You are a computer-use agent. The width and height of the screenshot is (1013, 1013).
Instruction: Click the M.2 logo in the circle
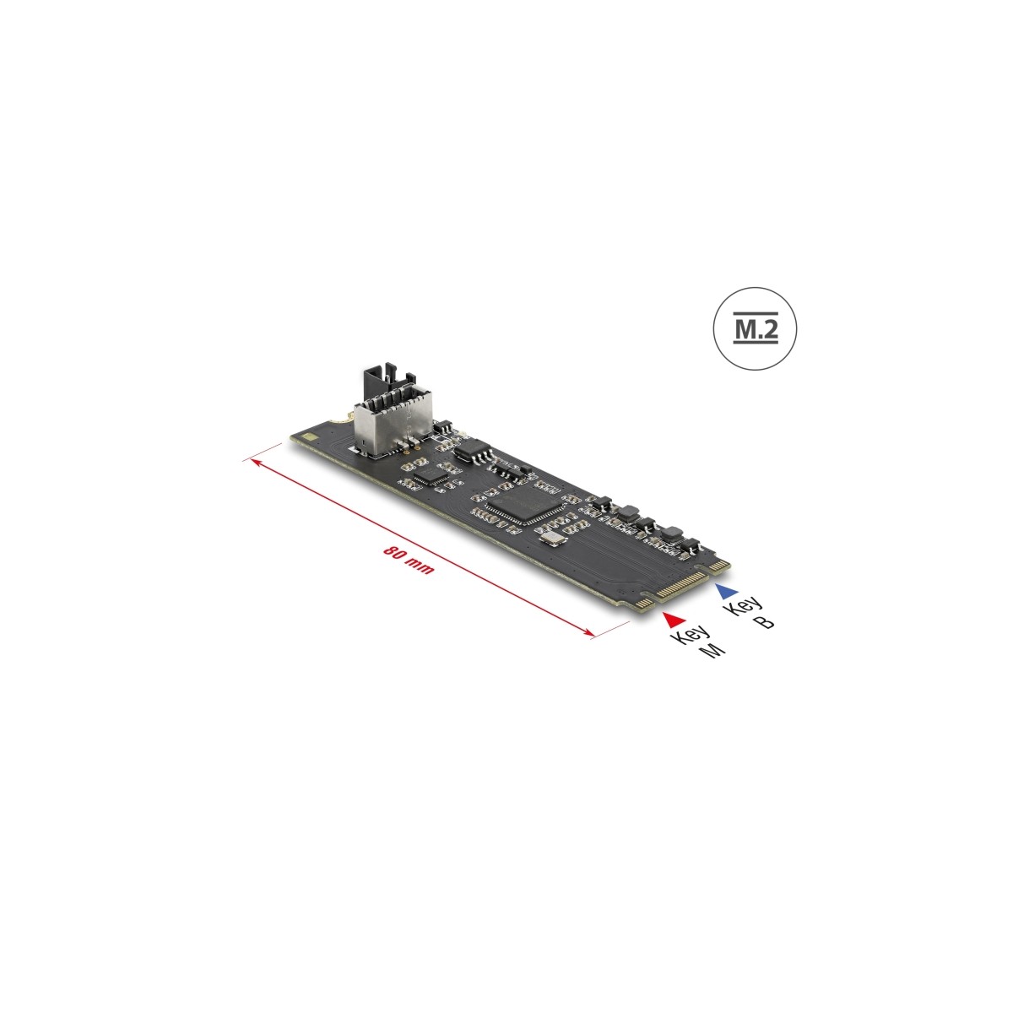756,328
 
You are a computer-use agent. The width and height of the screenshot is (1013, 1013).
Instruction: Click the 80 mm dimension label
409,560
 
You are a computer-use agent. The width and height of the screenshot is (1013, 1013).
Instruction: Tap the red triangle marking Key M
674,620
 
